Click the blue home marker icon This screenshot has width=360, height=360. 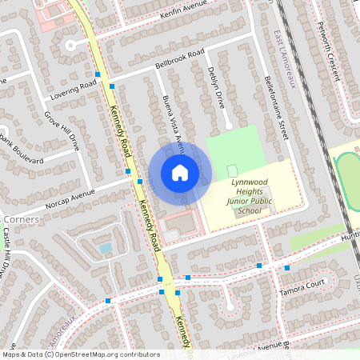[x=180, y=173]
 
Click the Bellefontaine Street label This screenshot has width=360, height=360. [x=274, y=107]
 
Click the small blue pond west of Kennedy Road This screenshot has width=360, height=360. [x=105, y=248]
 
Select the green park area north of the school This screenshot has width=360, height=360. [x=234, y=145]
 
